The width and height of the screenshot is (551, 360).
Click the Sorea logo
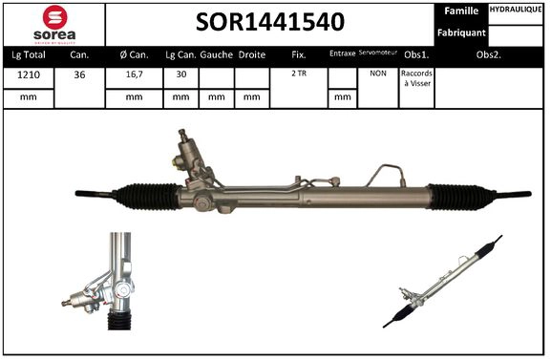click(x=54, y=24)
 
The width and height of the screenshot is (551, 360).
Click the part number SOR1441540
click(x=270, y=22)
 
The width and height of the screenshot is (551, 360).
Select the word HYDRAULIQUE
click(x=517, y=11)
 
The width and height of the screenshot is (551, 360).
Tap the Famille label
click(x=461, y=11)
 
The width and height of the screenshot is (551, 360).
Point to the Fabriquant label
click(x=460, y=32)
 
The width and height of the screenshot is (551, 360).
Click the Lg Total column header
click(x=29, y=55)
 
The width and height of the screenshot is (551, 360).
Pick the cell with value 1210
click(x=29, y=73)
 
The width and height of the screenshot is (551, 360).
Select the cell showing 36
click(x=79, y=73)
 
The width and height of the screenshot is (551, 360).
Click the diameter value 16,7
click(x=134, y=73)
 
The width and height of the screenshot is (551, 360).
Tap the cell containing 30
click(x=180, y=73)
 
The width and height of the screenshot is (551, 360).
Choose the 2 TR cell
click(x=299, y=73)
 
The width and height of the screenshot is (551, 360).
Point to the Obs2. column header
click(x=489, y=55)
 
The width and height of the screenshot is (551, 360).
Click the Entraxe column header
click(x=341, y=55)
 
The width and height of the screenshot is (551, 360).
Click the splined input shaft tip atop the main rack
click(x=181, y=134)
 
